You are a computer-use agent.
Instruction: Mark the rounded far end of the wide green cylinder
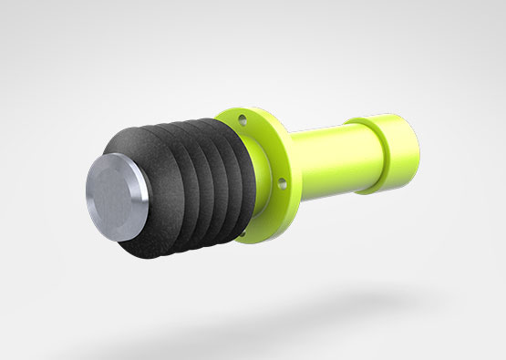pyautogui.click(x=412, y=150)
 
